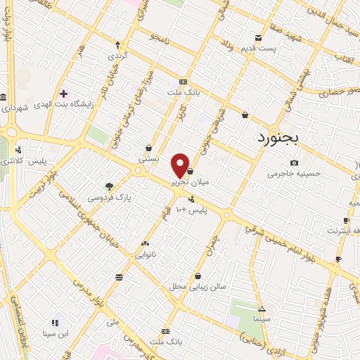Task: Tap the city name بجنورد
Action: [274, 136]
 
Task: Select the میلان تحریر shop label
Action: [189, 181]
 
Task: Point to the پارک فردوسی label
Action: [110, 198]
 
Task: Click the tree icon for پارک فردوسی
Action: [109, 186]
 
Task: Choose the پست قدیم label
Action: [259, 48]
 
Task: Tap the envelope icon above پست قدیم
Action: [259, 37]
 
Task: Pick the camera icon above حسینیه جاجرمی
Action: [293, 162]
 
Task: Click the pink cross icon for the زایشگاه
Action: [63, 93]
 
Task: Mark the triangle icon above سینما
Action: [262, 309]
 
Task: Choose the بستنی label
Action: [149, 159]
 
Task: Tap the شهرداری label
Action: [15, 108]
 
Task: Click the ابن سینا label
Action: [55, 333]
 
